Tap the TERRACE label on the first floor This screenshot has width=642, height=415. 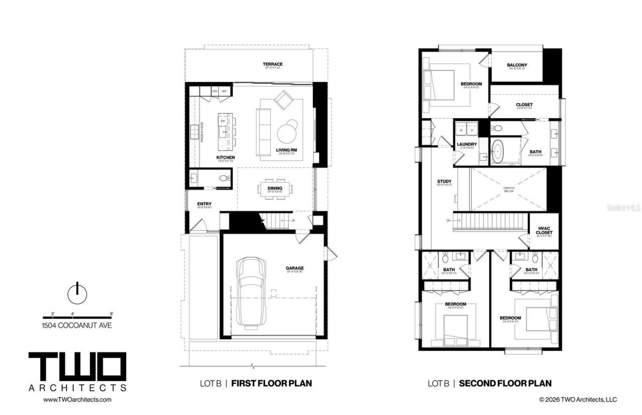point(272,64)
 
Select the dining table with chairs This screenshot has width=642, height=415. point(275,189)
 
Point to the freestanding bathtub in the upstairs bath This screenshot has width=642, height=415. point(499,152)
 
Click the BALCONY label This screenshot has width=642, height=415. point(517,65)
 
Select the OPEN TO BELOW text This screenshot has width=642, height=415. point(509,189)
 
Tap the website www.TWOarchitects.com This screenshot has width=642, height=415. point(77,399)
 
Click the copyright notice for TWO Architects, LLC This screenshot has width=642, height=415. point(578,399)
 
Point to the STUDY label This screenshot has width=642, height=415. point(444,181)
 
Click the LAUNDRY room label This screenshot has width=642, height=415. point(466,144)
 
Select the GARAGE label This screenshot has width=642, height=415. point(294,268)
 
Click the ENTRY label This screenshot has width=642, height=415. point(204,203)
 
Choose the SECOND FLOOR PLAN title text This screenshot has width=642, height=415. point(505,383)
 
